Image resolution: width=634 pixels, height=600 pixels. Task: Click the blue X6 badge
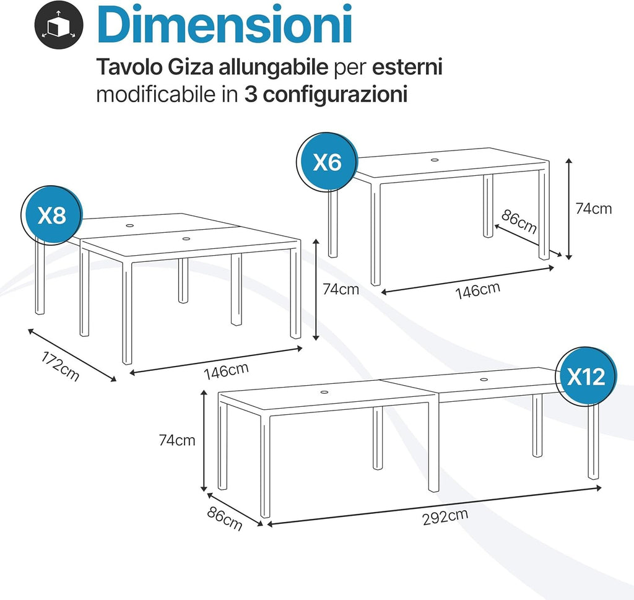[327, 162]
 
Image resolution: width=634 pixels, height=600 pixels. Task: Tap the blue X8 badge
[52, 215]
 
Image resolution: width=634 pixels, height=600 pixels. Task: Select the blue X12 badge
[586, 376]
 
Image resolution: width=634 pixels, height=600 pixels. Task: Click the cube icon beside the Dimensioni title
[59, 25]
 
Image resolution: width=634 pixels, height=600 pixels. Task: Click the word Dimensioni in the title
[225, 24]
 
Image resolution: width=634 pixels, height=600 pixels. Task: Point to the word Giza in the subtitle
[191, 67]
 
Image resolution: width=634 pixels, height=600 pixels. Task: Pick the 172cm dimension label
[60, 366]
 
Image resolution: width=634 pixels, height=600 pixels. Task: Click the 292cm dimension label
[445, 516]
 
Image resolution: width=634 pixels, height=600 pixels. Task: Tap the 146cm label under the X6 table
[478, 290]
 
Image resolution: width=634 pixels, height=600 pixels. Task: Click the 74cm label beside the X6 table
[593, 209]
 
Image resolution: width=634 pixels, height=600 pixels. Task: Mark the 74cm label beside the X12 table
[177, 440]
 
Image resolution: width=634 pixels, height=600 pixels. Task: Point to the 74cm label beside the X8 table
[341, 289]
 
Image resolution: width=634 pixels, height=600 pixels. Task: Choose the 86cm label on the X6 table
[519, 222]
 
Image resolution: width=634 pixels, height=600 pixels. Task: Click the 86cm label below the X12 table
[225, 519]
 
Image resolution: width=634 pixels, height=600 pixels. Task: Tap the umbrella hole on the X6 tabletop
[435, 160]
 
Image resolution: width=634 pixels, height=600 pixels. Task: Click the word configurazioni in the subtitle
[335, 95]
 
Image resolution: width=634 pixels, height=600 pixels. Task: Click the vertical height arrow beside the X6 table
[569, 209]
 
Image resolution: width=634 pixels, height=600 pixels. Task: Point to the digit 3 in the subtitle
[251, 95]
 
